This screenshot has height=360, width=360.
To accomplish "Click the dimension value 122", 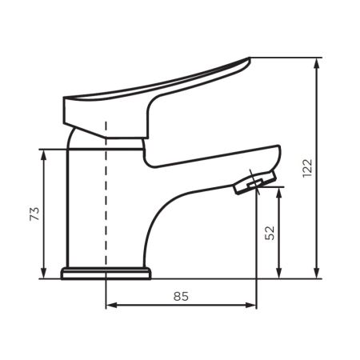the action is click(307, 168).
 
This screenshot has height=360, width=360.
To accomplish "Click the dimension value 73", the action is click(34, 214).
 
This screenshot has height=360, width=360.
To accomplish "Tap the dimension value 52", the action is click(270, 233).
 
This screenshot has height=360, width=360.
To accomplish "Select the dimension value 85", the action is click(181, 296).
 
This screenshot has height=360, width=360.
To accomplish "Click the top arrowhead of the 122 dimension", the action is click(317, 63).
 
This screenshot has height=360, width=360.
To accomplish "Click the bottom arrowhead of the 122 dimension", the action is click(317, 273).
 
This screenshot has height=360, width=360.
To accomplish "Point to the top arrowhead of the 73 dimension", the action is click(44, 155).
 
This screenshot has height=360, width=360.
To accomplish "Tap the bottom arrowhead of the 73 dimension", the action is click(44, 273).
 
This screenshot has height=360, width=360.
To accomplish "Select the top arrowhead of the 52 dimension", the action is click(279, 193).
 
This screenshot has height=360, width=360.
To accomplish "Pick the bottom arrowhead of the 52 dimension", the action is click(279, 273).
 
